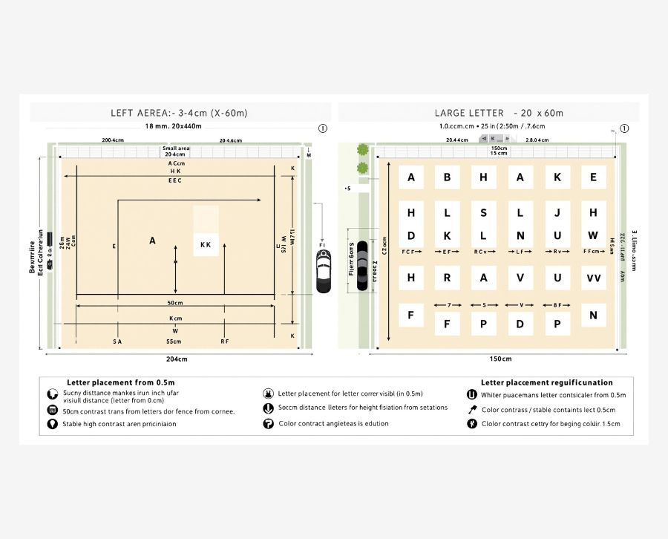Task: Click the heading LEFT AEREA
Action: pos(179,113)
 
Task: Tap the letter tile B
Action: pos(447,177)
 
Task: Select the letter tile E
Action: pos(593,177)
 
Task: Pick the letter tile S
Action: pos(483,213)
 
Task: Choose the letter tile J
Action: pos(557,213)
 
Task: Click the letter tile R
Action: pos(447,278)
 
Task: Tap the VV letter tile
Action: pos(593,278)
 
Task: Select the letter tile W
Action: pos(593,236)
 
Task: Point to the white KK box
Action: pos(206,244)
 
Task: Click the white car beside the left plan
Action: pos(324,271)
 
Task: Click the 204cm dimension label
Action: pos(177,359)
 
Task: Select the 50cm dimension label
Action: pos(175,303)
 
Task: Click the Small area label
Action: pos(176,148)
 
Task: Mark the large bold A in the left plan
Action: pos(153,241)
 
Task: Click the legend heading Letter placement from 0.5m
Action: pos(110,382)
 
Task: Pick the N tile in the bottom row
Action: pos(593,315)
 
